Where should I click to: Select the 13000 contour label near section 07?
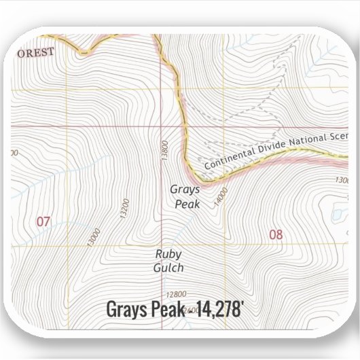pyautogui.click(x=94, y=237)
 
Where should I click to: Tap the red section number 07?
pyautogui.click(x=43, y=221)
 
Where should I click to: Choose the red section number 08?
pyautogui.click(x=275, y=235)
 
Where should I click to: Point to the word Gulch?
pyautogui.click(x=168, y=268)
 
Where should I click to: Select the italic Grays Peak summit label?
pyautogui.click(x=184, y=196)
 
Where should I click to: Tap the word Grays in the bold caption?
pyautogui.click(x=126, y=310)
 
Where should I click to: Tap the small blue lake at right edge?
pyautogui.click(x=334, y=217)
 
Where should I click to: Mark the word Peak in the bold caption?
pyautogui.click(x=169, y=310)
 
